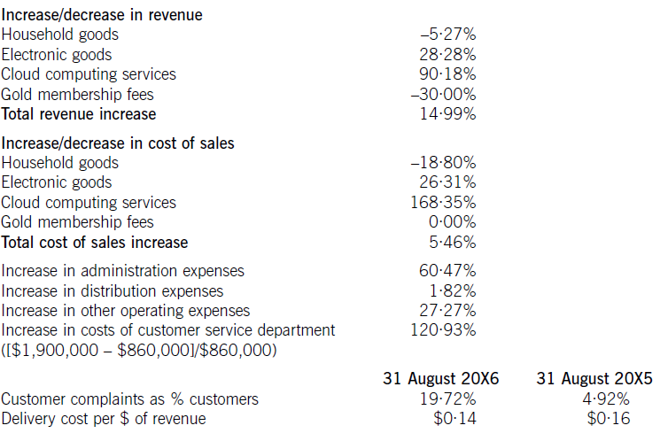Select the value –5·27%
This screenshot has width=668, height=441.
(x=447, y=35)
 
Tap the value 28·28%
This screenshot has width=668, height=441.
(x=447, y=54)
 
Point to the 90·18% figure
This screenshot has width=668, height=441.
(x=447, y=74)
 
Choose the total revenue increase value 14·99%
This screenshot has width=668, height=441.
(x=447, y=114)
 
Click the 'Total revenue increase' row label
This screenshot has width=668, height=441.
(x=79, y=114)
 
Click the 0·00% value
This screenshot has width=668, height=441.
(x=451, y=222)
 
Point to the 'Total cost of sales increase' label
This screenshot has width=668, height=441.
(x=95, y=243)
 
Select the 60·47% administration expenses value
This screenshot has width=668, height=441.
(x=447, y=271)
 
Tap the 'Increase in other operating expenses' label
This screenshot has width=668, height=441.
(x=126, y=311)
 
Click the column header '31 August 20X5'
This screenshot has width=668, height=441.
(x=594, y=378)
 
